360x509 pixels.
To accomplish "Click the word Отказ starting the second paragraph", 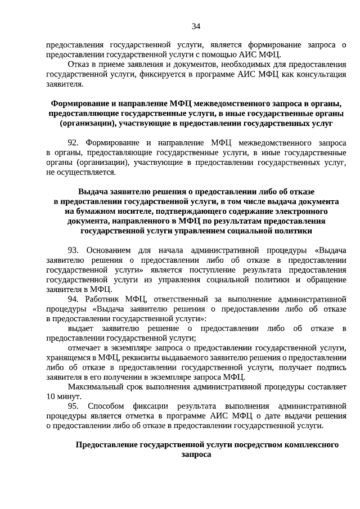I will pos(79,65).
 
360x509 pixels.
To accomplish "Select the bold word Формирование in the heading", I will pos(77,103).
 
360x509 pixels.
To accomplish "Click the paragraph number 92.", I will pos(74,143).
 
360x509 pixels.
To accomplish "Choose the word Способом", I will pos(106,406).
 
